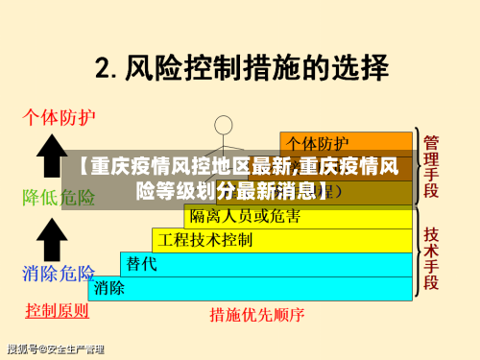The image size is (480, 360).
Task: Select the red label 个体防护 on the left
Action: pos(60,119)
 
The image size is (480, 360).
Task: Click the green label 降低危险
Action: pos(60,198)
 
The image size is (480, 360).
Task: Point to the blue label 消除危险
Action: pos(60,273)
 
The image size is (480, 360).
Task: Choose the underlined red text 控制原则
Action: pos(58,310)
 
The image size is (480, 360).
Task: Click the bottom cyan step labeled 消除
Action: pos(109,287)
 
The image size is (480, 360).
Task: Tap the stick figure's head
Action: pos(224,124)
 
